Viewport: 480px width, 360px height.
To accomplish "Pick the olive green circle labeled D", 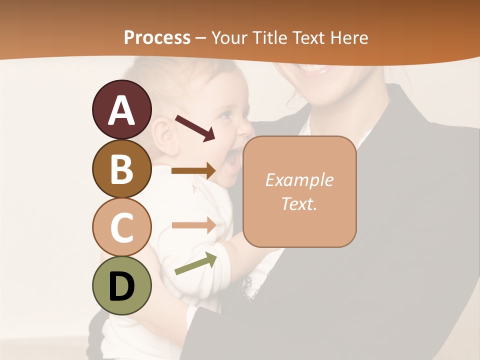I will (121, 285).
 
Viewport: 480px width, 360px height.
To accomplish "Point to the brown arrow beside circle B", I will (193, 171).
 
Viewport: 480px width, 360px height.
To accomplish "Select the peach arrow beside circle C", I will (193, 225).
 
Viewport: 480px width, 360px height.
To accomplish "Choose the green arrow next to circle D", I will (195, 263).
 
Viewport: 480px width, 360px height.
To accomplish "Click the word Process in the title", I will (157, 37).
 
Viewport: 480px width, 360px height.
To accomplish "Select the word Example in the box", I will (299, 180).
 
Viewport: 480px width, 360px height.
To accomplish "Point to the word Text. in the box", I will (299, 203).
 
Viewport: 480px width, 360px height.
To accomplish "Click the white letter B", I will (121, 169).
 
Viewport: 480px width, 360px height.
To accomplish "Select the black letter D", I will (121, 286).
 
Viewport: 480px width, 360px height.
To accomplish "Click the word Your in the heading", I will (230, 37).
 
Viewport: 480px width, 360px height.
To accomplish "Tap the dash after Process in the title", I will (201, 38).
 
